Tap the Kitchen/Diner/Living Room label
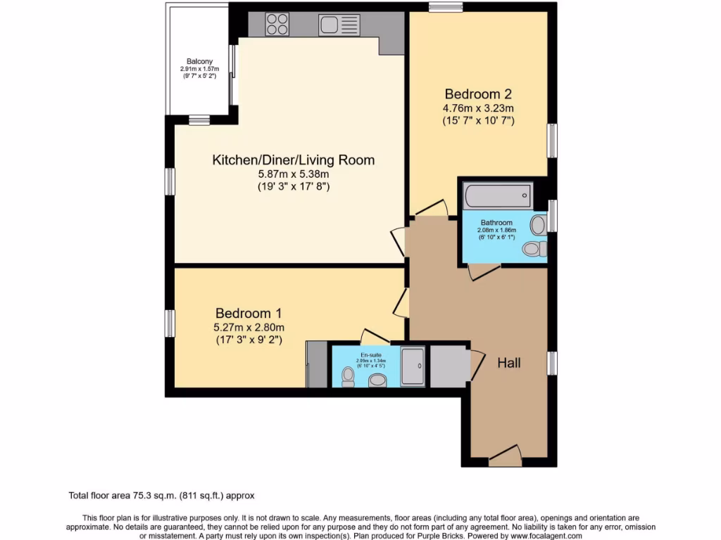pos(293,160)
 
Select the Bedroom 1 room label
pos(249,313)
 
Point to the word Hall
pos(509,363)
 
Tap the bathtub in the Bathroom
pos(496,195)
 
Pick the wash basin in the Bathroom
pos(539,225)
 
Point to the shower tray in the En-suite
pos(413,366)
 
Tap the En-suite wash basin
pos(378,380)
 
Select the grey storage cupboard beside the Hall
pos(449,366)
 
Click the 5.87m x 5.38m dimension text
pos(293,174)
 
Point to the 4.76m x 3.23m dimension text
pos(478,108)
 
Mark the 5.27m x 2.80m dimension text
pos(249,327)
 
